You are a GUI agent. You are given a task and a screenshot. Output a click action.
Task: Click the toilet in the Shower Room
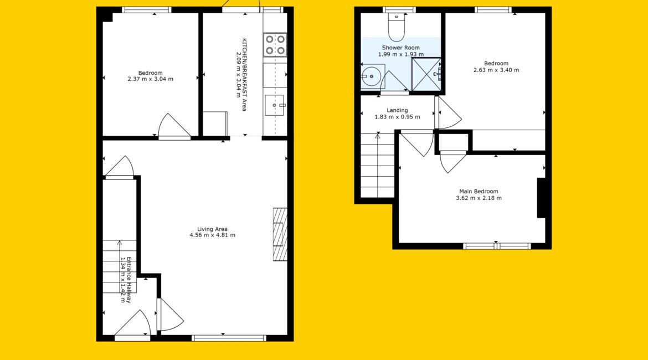pos(397,27)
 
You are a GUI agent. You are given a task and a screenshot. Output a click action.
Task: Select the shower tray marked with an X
pos(426,74)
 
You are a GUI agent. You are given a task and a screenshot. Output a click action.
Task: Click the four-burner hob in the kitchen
pos(275,45)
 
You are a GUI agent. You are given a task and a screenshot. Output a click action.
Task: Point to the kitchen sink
pos(275,105)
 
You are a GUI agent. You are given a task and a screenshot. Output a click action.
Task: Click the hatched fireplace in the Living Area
pos(280,234)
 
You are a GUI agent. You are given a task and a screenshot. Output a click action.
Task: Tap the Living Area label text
pos(213,229)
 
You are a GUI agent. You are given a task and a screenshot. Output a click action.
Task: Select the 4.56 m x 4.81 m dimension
pos(213,235)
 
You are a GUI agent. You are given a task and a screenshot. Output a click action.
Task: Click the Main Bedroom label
pos(479,192)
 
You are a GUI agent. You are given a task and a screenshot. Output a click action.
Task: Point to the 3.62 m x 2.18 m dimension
pos(479,198)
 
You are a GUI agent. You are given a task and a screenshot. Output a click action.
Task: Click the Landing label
pos(397,110)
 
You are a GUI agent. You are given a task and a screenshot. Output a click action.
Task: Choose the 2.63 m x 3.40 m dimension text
pos(496,70)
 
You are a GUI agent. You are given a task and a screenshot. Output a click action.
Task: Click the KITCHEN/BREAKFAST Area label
pos(244,75)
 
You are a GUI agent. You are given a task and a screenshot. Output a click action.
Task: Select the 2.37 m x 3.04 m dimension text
pos(151,79)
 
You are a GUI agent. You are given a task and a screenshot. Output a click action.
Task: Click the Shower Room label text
pos(400,48)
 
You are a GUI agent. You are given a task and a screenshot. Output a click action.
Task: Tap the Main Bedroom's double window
pos(496,246)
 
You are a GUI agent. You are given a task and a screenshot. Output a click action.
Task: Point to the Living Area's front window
pos(229,338)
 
